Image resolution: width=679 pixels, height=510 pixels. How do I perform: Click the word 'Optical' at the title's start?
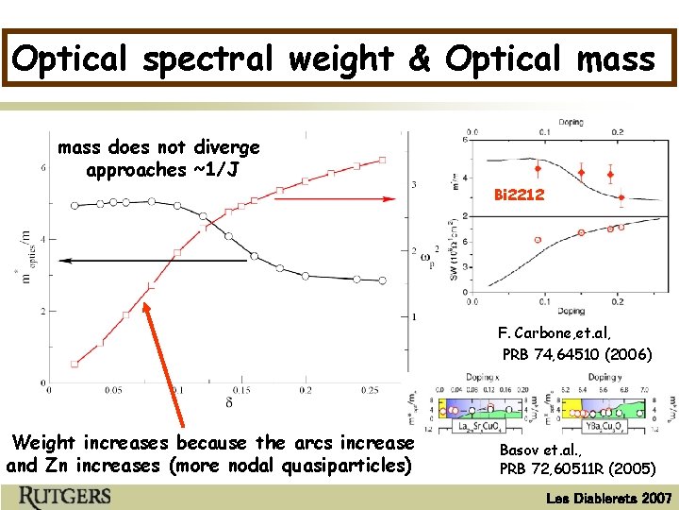(x=72, y=59)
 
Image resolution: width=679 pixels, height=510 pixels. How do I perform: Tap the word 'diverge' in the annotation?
(x=226, y=147)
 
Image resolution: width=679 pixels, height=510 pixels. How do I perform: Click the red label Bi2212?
(x=519, y=195)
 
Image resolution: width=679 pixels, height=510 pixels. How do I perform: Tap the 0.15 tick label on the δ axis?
(x=240, y=390)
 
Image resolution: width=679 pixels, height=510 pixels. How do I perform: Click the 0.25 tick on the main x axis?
(x=370, y=390)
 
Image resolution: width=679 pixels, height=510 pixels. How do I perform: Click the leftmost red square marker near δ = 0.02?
(x=75, y=364)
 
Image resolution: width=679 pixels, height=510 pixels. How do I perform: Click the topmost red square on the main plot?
(x=382, y=161)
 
